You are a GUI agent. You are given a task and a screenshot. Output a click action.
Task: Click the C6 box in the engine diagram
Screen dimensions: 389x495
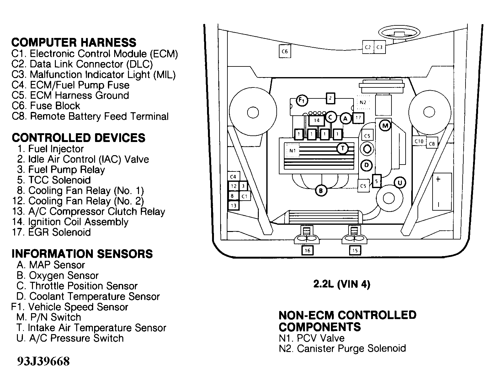pos(285,51)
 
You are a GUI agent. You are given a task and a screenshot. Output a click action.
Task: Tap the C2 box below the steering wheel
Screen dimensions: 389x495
pos(368,47)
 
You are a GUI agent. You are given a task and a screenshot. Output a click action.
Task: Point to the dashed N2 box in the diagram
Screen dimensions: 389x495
pos(363,102)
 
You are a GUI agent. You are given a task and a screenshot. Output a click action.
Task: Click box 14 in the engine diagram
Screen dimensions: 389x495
pos(317,120)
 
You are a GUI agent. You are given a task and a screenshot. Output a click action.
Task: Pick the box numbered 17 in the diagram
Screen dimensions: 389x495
pos(358,118)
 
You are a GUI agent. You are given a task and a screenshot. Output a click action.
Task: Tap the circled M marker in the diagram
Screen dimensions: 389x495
pos(385,126)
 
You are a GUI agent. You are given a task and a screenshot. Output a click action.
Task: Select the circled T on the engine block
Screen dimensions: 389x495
pos(343,148)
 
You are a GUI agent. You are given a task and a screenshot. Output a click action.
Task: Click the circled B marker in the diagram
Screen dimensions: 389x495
pos(321,190)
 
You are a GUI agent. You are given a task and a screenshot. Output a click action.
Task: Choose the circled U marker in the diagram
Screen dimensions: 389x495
pos(399,182)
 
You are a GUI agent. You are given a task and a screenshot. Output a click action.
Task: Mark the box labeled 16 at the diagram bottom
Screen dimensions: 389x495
pos(307,250)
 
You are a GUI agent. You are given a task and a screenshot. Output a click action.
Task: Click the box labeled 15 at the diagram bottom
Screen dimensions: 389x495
pos(355,250)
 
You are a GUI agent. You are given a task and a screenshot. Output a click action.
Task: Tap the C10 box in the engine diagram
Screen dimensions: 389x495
pos(419,141)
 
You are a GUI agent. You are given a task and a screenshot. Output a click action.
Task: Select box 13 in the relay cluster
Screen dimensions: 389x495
pos(233,206)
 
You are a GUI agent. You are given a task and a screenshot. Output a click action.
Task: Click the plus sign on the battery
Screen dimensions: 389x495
pos(438,180)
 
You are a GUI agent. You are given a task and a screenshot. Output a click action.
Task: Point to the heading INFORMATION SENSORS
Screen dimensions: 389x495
pos(82,254)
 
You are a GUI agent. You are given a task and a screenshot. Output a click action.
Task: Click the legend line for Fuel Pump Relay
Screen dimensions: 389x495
pos(61,170)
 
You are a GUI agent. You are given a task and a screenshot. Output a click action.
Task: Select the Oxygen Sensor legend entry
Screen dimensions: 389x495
pos(58,275)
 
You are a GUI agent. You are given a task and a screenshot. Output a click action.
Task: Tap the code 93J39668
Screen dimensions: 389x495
pos(43,361)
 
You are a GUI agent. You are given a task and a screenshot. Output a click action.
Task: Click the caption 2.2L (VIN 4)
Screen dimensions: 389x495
pos(342,284)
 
